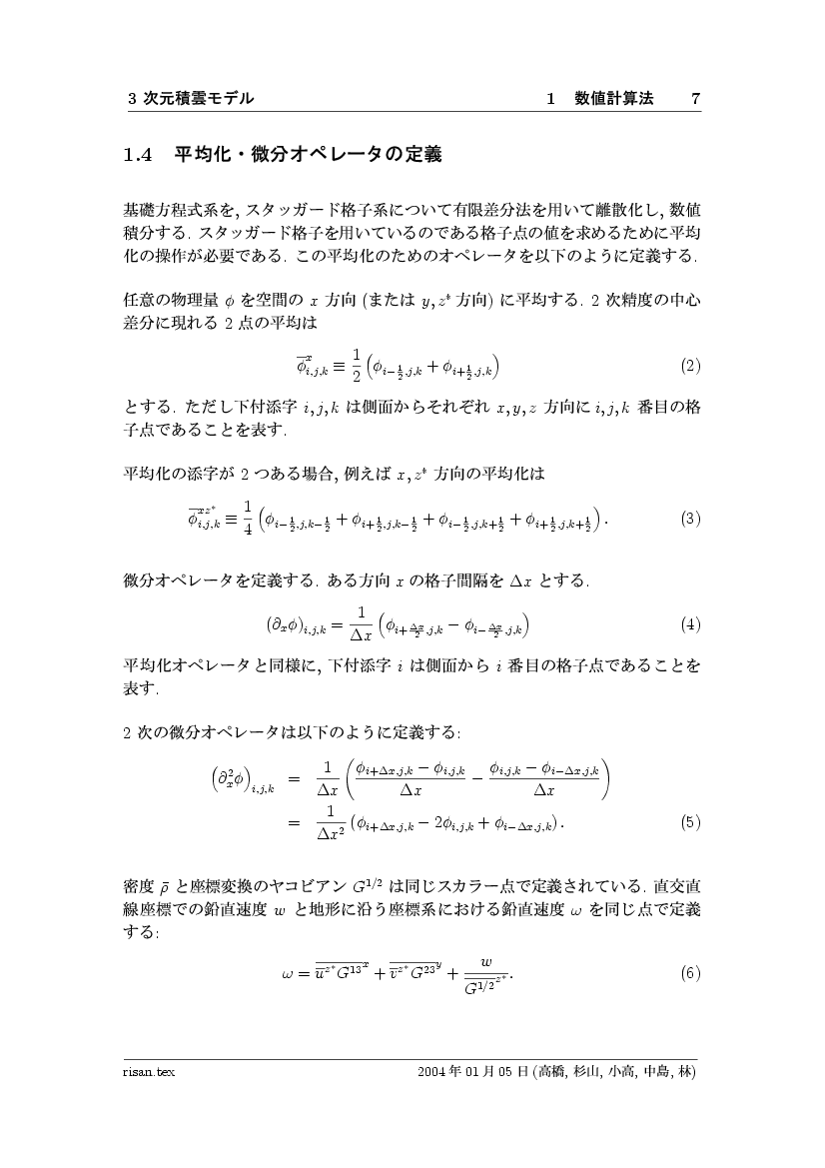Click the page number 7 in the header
pyautogui.click(x=695, y=98)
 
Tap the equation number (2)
pyautogui.click(x=690, y=366)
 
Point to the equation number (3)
pyautogui.click(x=690, y=519)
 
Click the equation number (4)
pyautogui.click(x=690, y=625)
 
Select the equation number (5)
pyautogui.click(x=690, y=823)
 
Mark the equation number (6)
pyautogui.click(x=690, y=972)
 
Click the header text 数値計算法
pyautogui.click(x=615, y=98)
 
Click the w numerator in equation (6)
pyautogui.click(x=486, y=960)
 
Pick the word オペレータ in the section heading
pyautogui.click(x=334, y=155)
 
